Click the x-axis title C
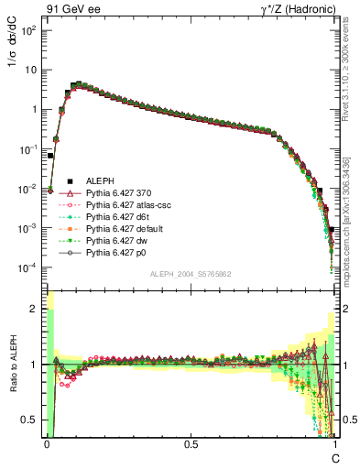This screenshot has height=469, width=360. tap(334, 455)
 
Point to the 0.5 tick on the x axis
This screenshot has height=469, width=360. tap(191, 442)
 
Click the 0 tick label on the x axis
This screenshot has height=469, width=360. tap(46, 442)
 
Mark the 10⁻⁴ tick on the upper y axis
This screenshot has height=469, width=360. tap(29, 267)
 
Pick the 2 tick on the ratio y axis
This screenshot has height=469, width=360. tap(35, 310)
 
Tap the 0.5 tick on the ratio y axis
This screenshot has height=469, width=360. tap(31, 420)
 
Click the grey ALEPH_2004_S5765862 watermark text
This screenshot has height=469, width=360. tap(191, 275)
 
